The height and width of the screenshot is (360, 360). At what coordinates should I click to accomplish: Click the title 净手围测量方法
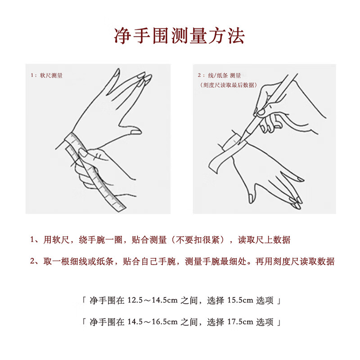[x=179, y=36]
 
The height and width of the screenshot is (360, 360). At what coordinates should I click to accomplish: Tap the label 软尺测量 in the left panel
[x=51, y=76]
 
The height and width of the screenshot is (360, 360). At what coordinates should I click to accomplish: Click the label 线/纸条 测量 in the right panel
[x=224, y=76]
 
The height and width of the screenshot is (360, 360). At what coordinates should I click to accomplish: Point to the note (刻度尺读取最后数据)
[x=228, y=85]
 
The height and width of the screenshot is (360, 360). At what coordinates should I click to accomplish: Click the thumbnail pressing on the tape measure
[x=83, y=153]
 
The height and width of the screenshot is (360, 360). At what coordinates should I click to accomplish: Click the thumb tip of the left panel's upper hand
[x=137, y=132]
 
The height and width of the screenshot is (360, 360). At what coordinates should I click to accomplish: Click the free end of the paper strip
[x=213, y=167]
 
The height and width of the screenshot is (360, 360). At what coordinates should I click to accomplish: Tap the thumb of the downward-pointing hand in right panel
[x=251, y=197]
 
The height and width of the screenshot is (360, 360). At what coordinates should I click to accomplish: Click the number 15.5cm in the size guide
[x=240, y=300]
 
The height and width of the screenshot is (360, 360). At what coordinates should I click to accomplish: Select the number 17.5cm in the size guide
[x=240, y=322]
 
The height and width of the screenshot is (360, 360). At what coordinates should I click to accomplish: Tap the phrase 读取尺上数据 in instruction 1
[x=264, y=240]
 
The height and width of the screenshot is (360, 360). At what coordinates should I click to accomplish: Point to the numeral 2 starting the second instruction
[x=32, y=261]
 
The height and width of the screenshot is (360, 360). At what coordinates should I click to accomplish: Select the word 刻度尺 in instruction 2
[x=286, y=261]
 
